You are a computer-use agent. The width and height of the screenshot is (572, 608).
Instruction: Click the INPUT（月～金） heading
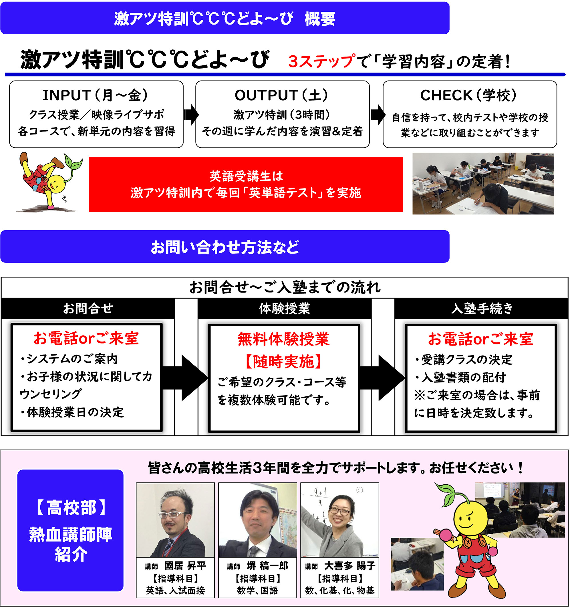(96, 95)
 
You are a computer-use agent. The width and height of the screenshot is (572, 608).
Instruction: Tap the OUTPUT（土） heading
(282, 95)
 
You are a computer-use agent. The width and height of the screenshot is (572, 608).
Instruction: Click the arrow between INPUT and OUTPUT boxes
(191, 115)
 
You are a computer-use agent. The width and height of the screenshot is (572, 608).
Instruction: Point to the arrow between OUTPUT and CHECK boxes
(377, 115)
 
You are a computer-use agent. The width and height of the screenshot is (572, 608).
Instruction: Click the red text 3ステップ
(321, 61)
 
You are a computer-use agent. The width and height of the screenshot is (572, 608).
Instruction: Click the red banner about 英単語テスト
(246, 184)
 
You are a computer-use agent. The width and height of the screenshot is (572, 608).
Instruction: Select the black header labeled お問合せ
(88, 308)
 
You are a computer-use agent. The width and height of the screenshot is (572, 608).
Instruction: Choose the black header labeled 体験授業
(285, 308)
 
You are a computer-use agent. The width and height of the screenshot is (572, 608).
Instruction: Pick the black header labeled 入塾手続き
(482, 308)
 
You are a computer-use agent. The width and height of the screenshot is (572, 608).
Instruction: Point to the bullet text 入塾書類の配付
(464, 378)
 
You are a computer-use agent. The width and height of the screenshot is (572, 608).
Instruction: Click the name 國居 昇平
(185, 566)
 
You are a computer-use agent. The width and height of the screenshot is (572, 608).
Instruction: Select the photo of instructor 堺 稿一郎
(258, 520)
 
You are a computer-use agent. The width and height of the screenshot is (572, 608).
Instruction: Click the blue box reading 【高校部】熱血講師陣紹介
(70, 531)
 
